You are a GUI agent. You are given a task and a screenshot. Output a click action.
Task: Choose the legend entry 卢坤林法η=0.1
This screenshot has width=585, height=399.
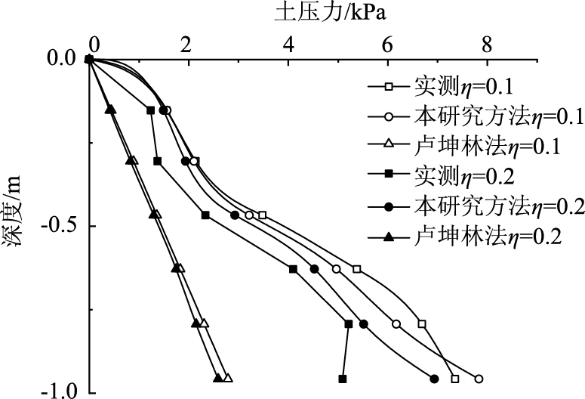476,146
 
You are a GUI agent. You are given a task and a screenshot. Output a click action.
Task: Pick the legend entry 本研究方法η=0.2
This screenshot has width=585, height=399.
476,206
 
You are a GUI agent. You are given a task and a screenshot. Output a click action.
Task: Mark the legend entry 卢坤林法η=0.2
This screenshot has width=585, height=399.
476,237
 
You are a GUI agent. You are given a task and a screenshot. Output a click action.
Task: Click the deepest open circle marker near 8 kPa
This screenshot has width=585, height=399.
479,379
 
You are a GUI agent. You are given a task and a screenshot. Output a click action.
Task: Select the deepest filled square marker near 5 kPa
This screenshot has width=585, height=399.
343,379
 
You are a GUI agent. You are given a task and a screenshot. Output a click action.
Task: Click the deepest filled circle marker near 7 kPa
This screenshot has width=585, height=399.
434,379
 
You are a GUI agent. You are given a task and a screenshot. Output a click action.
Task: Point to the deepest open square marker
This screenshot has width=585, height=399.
454,379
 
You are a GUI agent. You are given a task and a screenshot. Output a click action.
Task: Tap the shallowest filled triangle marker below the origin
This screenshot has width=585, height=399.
109,110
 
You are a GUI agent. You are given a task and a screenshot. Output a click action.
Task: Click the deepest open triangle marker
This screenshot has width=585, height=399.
228,378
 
